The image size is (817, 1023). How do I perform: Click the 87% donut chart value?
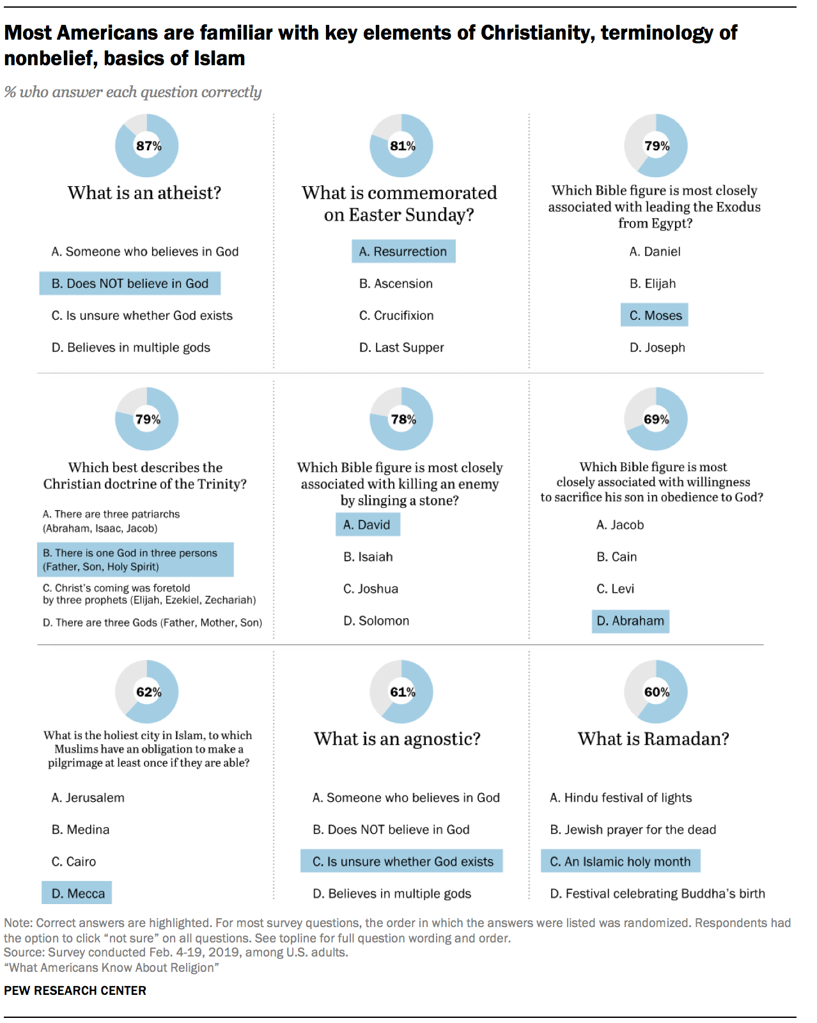[x=148, y=146]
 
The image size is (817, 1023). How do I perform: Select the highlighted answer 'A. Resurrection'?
[x=403, y=251]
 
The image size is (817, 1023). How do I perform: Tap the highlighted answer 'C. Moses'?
[x=655, y=315]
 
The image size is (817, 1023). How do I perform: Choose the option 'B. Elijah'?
[x=652, y=283]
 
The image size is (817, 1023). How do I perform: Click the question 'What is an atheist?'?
[x=144, y=192]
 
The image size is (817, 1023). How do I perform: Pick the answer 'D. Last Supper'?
[x=401, y=347]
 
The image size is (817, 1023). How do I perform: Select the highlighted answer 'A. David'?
[x=368, y=525]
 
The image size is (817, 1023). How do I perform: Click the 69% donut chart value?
[x=656, y=419]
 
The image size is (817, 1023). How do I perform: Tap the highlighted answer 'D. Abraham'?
[x=630, y=621]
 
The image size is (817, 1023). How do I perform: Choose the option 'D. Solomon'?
[x=376, y=621]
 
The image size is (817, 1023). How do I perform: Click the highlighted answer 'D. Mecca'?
[x=77, y=893]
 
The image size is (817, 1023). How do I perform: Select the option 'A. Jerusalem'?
[x=88, y=797]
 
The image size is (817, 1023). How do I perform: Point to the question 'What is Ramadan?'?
[x=653, y=738]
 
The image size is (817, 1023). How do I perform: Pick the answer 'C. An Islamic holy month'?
[x=621, y=861]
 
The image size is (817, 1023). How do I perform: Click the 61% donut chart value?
[x=403, y=692]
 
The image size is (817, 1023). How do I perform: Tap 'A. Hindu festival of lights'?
[x=621, y=797]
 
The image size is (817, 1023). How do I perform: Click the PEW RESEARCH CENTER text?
[x=75, y=990]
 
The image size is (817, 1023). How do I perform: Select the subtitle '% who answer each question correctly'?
[x=133, y=92]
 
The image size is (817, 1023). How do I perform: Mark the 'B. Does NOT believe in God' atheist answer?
[x=130, y=283]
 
